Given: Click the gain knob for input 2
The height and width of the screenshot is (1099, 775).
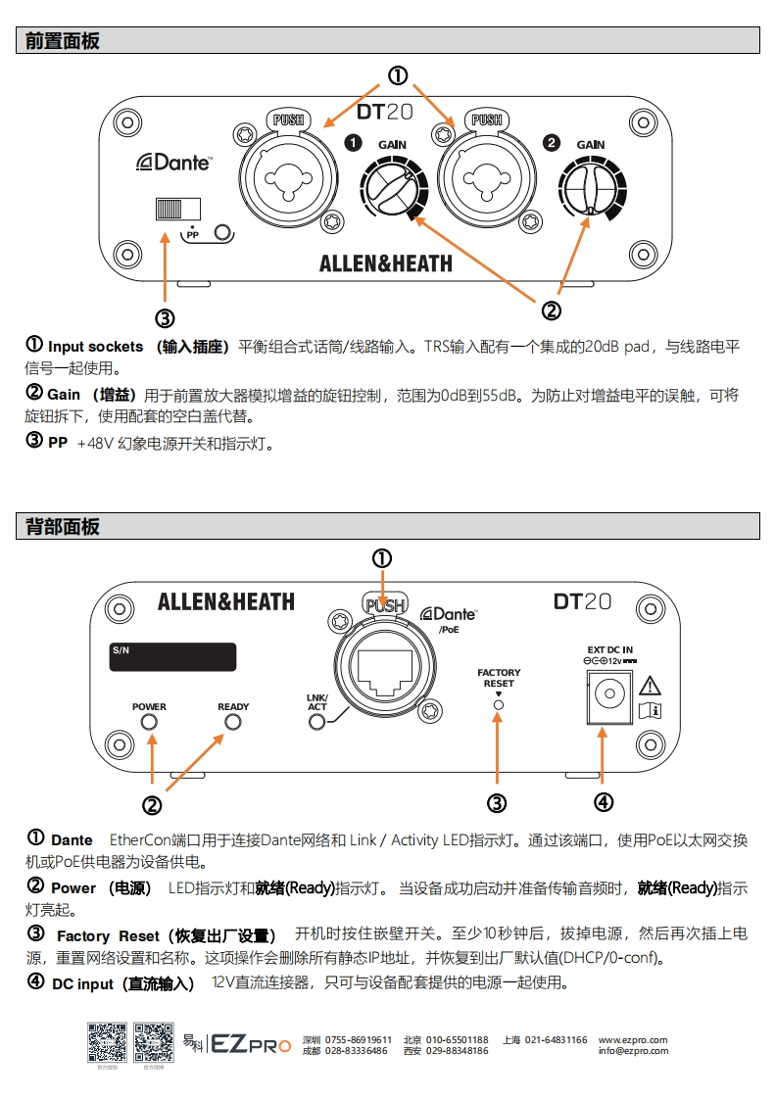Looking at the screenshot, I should coord(590,186).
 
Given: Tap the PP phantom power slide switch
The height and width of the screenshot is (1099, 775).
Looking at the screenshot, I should coord(176,209).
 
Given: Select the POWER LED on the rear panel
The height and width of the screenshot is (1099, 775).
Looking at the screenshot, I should coord(150,723).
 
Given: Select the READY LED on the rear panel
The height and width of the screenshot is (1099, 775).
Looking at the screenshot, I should coord(233,723).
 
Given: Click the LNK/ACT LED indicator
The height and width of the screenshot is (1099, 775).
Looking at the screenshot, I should coord(317,723).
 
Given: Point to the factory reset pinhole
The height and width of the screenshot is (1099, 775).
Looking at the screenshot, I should coord(499,703).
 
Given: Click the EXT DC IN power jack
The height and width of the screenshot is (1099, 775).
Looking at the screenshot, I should coord(607,698).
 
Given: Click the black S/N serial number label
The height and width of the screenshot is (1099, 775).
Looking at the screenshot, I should coord(172,657).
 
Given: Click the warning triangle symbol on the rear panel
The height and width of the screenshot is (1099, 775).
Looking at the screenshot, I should coord(650,685).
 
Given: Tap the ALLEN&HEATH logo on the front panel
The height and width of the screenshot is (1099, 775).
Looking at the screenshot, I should coord(385,263).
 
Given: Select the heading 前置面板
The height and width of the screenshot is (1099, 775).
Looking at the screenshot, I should coord(63,41).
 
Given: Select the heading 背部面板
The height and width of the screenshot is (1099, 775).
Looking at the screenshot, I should coord(63,527).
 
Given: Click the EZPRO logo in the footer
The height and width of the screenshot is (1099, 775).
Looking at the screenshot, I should coord(251,1044).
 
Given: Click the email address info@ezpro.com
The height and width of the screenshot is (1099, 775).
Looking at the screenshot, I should coord(633,1051).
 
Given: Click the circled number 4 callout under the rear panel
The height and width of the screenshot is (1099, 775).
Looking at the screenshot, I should coord(604,802).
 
